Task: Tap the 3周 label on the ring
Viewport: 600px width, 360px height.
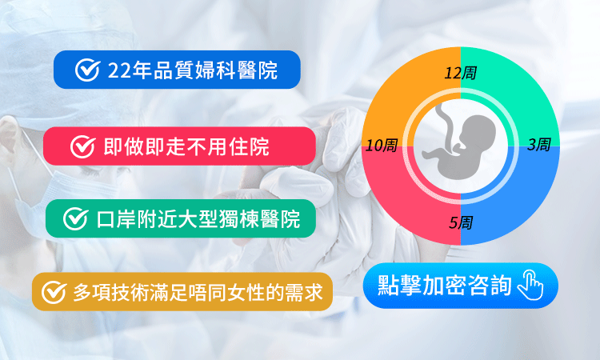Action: point(538,145)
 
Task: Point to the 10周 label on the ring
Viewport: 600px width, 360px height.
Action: point(382,146)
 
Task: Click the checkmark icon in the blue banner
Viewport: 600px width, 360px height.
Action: point(86,70)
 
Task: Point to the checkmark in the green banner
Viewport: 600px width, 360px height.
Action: point(74,218)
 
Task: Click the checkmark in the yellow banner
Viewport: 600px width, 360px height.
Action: point(54,292)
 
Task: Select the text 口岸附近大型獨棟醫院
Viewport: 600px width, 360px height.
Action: point(198,218)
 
